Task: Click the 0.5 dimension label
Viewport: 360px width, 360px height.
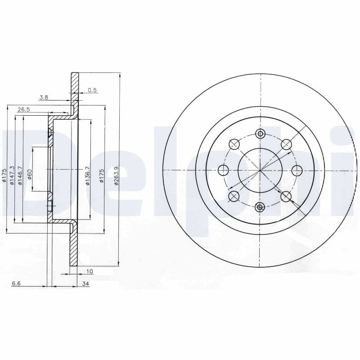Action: [x=92, y=90]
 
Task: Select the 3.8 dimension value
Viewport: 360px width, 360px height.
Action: [x=44, y=97]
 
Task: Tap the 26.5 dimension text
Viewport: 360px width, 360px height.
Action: [x=24, y=109]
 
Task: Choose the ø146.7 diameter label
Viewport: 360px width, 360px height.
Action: [x=20, y=175]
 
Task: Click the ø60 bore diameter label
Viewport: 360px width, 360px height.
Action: [x=29, y=174]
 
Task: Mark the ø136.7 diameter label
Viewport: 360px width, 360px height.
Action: [x=87, y=175]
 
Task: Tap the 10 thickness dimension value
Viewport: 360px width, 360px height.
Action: [x=90, y=271]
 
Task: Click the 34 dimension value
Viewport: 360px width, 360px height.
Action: [x=85, y=284]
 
